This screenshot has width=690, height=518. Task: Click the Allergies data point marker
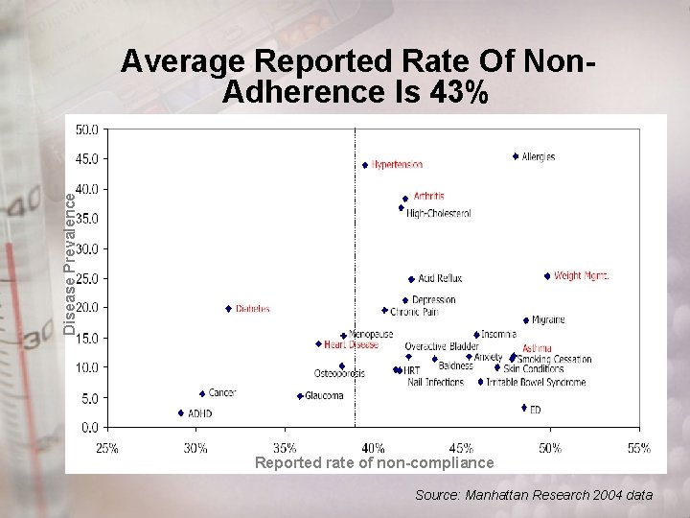click(516, 156)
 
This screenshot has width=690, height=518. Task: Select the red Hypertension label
click(397, 165)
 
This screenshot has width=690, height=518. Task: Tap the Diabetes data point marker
click(228, 309)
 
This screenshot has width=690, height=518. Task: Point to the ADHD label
click(200, 413)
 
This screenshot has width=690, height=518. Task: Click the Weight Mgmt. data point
click(547, 276)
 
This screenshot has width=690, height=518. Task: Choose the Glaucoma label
click(324, 396)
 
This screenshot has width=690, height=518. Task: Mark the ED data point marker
click(524, 408)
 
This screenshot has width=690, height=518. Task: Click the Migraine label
click(548, 320)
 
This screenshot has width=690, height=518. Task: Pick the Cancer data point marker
click(202, 393)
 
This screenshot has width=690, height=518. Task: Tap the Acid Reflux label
click(440, 279)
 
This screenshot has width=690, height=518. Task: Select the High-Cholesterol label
click(438, 214)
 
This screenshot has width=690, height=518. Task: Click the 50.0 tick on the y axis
click(87, 129)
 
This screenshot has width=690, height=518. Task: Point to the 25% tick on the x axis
click(106, 448)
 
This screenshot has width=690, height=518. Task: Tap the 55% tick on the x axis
click(639, 448)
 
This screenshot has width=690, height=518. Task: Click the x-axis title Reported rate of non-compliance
click(375, 463)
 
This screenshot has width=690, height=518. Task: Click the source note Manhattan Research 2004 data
click(534, 495)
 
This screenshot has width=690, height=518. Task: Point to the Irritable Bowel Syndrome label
click(536, 383)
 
